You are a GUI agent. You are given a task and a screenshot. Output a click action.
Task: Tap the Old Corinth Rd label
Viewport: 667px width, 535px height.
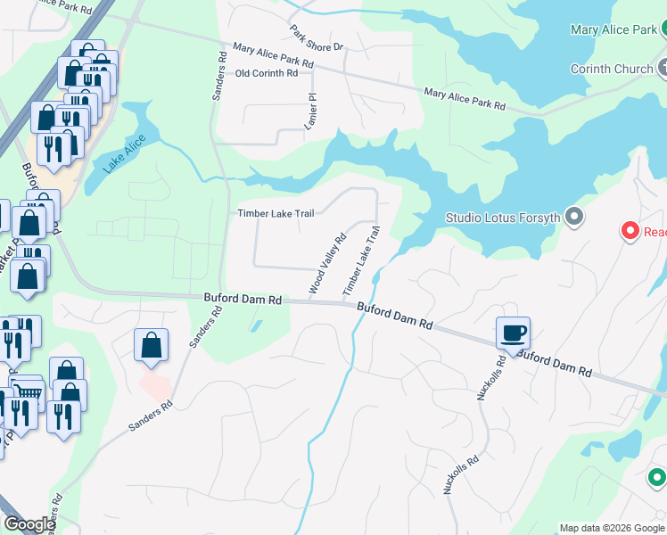click(266, 74)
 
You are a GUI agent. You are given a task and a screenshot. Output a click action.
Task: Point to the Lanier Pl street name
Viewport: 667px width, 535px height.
click(311, 111)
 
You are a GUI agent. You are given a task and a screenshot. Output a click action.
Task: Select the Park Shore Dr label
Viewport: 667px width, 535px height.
click(317, 38)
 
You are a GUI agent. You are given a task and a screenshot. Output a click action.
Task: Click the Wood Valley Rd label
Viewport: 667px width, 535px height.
click(327, 265)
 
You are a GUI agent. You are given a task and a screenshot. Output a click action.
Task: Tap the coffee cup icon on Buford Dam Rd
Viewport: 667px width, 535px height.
click(514, 333)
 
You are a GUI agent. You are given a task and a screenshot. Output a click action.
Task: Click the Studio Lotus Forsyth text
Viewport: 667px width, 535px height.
click(504, 218)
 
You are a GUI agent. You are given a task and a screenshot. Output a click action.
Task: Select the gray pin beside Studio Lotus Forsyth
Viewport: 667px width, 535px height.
click(574, 217)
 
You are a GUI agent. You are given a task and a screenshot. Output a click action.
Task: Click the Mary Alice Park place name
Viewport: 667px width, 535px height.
click(613, 30)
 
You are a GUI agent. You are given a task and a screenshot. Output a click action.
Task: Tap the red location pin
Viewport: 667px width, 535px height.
click(630, 232)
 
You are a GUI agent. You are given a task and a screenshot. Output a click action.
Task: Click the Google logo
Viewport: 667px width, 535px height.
click(29, 524)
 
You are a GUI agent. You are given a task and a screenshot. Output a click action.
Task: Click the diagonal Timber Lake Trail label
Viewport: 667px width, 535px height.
click(361, 261)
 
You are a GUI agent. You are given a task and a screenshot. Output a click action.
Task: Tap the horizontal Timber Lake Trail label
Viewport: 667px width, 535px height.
click(275, 213)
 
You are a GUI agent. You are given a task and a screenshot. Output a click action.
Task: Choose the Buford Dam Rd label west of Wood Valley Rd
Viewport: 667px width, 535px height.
click(243, 300)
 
